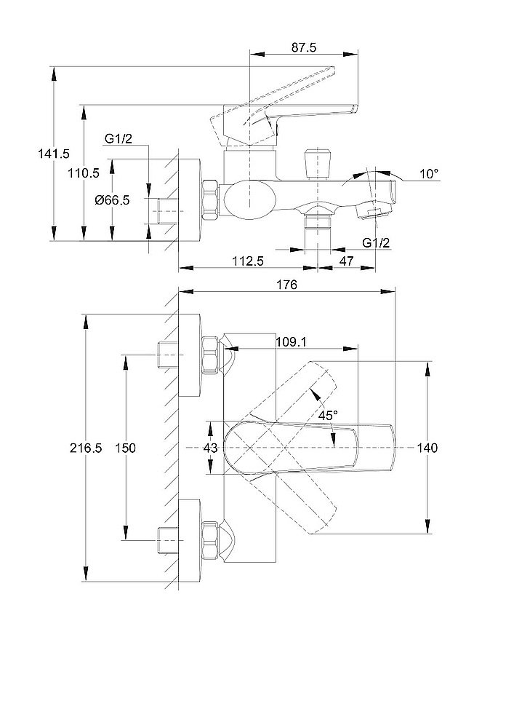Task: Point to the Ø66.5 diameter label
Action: (x=112, y=200)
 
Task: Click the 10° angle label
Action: (x=429, y=173)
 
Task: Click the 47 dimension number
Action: (x=346, y=260)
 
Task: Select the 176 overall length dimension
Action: (x=288, y=286)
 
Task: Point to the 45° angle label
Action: (x=328, y=415)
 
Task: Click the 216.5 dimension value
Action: (x=87, y=448)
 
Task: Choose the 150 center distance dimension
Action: (x=126, y=448)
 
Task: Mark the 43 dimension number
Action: (x=209, y=448)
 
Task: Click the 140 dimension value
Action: (x=428, y=448)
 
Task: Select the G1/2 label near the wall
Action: (x=117, y=140)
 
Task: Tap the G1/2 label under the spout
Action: (x=375, y=242)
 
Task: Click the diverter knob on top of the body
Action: (x=316, y=163)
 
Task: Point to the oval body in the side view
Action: (x=249, y=199)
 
